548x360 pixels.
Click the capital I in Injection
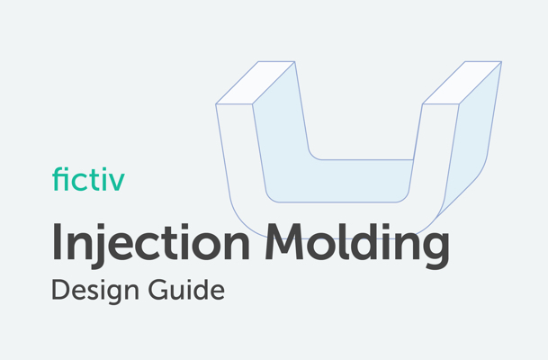[58, 241]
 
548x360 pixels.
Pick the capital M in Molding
[288, 241]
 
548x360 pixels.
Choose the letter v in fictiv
[117, 181]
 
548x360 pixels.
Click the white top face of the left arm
[255, 82]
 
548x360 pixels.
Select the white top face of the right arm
[462, 82]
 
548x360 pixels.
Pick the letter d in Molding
[359, 241]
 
